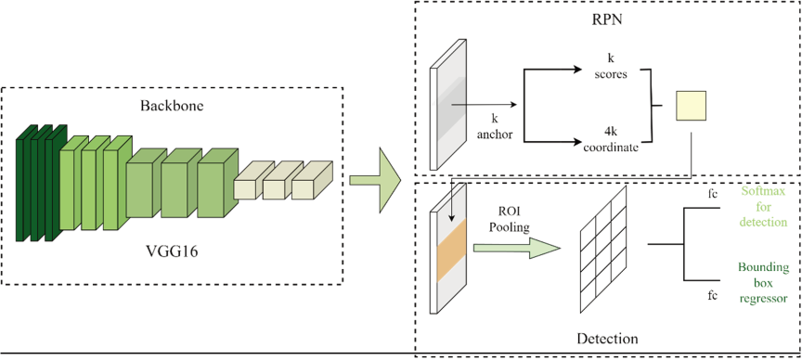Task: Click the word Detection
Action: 607,339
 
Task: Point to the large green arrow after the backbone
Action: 375,180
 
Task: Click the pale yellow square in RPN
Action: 691,106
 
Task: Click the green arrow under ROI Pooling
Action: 517,248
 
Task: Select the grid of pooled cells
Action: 603,249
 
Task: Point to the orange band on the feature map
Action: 451,251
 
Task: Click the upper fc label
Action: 711,194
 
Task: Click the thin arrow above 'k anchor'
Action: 484,106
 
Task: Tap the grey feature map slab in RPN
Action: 448,104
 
